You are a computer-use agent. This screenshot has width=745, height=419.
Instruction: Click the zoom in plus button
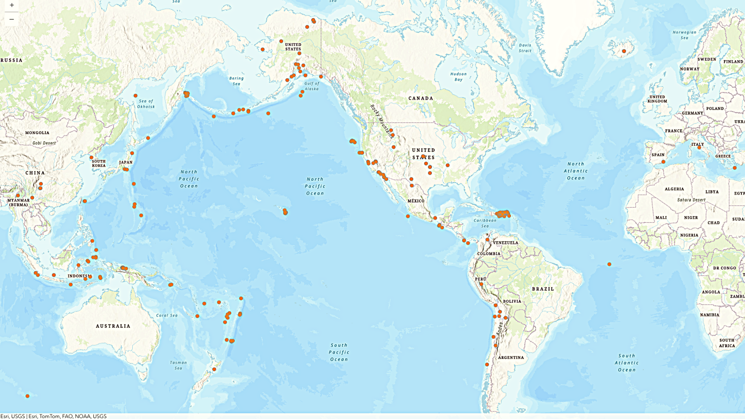point(12,5)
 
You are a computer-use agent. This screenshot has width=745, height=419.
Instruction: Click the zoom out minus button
point(12,19)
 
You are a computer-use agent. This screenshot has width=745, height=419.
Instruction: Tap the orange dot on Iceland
point(624,51)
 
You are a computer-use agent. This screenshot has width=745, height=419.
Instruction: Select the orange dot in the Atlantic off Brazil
point(609,264)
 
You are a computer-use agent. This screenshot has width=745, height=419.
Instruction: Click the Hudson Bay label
point(459,77)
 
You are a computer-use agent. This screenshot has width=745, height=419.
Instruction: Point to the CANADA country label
point(421,99)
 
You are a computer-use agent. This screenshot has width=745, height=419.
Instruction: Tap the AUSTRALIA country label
point(113,326)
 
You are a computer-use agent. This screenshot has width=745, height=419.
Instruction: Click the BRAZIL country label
point(543,289)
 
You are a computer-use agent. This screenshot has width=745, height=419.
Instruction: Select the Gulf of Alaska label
point(312,86)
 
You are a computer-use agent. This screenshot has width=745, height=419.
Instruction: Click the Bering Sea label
point(236,81)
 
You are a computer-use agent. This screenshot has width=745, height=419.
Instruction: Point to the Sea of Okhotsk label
point(146,104)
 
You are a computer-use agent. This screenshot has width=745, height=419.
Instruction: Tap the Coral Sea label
point(167,315)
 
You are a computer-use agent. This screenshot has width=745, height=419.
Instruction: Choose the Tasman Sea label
point(178,365)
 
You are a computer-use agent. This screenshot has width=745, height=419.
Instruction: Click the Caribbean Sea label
point(485,223)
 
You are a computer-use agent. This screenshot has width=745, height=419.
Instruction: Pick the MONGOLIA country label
point(37,133)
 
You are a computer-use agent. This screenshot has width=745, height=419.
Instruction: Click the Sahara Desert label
point(691,200)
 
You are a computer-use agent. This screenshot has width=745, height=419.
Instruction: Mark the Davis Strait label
point(525,48)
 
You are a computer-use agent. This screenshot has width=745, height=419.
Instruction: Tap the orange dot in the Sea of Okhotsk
point(135,95)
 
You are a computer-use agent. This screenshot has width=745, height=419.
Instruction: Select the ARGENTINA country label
point(511,358)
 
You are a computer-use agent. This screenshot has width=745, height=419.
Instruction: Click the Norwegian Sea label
point(684,35)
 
